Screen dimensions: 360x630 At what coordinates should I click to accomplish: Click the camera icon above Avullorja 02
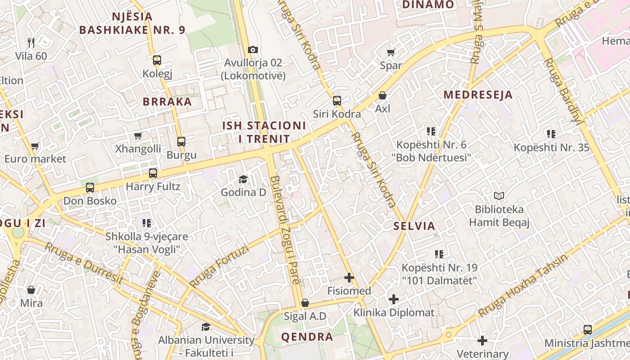click(x=253, y=49)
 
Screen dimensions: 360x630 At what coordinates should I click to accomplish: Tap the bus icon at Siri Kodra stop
click(x=337, y=101)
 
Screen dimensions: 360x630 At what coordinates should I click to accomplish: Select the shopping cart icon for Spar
click(x=391, y=52)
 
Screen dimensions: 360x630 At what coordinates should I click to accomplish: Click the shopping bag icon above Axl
click(x=382, y=95)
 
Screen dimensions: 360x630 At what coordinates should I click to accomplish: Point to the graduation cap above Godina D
click(x=243, y=180)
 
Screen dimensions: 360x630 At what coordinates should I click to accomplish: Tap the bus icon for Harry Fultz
click(x=153, y=173)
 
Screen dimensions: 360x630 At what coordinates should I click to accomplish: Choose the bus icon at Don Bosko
click(x=90, y=188)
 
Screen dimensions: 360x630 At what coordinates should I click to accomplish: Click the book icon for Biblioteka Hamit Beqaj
click(x=499, y=196)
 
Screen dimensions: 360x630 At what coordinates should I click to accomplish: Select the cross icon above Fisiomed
click(x=349, y=278)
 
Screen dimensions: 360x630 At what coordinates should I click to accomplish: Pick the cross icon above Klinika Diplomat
click(x=394, y=299)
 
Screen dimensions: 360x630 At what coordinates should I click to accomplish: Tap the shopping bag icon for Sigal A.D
click(x=305, y=303)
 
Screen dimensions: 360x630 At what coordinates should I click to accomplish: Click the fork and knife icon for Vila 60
click(x=31, y=43)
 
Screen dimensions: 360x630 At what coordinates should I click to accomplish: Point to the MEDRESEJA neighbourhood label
click(x=478, y=95)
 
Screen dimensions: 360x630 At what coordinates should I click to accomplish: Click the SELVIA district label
click(x=414, y=226)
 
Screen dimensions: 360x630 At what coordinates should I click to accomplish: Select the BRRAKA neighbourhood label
click(x=167, y=101)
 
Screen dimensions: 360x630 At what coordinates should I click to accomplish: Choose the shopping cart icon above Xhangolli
click(x=138, y=136)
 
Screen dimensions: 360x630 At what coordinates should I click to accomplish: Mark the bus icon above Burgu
click(x=181, y=142)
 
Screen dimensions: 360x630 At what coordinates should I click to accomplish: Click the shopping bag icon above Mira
click(x=31, y=290)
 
